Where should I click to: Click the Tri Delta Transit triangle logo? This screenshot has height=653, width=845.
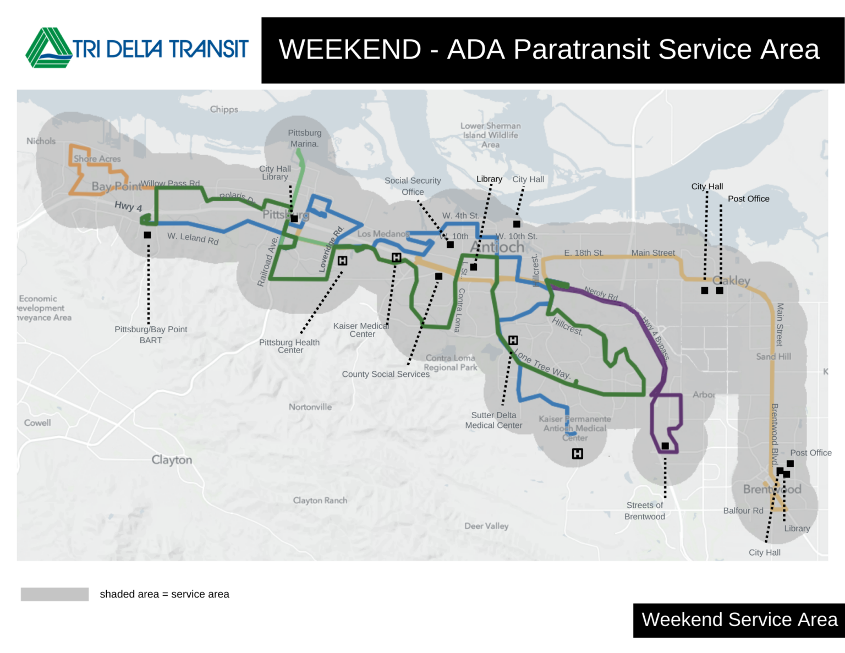pyautogui.click(x=48, y=48)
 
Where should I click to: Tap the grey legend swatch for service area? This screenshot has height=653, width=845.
pyautogui.click(x=54, y=594)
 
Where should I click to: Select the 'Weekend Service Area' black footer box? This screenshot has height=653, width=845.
pyautogui.click(x=739, y=620)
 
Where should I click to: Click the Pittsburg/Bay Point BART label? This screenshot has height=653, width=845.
pyautogui.click(x=151, y=334)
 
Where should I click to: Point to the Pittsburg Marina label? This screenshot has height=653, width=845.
pyautogui.click(x=305, y=138)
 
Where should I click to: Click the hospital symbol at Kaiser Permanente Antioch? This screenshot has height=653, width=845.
pyautogui.click(x=577, y=454)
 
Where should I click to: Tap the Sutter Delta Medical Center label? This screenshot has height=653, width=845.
pyautogui.click(x=493, y=420)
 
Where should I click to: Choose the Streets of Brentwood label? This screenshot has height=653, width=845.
pyautogui.click(x=645, y=511)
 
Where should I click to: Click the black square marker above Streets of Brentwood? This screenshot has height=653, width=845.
pyautogui.click(x=665, y=446)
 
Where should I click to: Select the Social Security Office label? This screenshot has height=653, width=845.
pyautogui.click(x=413, y=186)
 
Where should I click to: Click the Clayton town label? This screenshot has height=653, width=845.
pyautogui.click(x=172, y=460)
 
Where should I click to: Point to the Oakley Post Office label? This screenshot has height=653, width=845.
pyautogui.click(x=748, y=199)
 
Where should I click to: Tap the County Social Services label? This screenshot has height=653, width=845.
pyautogui.click(x=386, y=374)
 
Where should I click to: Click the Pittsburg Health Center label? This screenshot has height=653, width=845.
pyautogui.click(x=289, y=346)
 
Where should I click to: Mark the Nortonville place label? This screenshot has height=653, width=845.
pyautogui.click(x=310, y=407)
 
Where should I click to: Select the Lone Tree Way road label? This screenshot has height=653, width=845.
pyautogui.click(x=542, y=364)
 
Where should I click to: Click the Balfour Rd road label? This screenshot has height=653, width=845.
pyautogui.click(x=743, y=511)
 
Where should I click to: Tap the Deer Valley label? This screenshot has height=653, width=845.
pyautogui.click(x=486, y=526)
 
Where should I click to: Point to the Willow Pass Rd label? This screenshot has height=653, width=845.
pyautogui.click(x=170, y=183)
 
